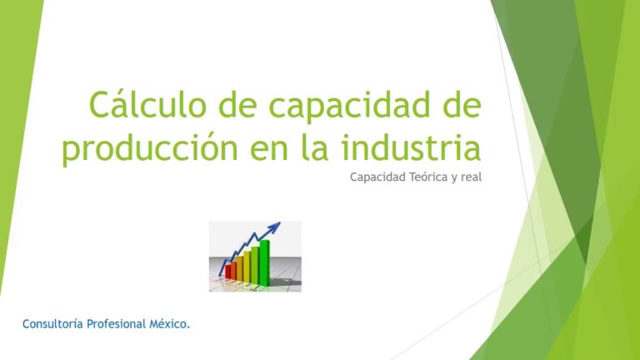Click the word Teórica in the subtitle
(421, 177)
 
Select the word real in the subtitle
(471, 177)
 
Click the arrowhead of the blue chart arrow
(275, 226)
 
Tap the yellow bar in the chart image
(247, 265)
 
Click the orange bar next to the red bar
(237, 268)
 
